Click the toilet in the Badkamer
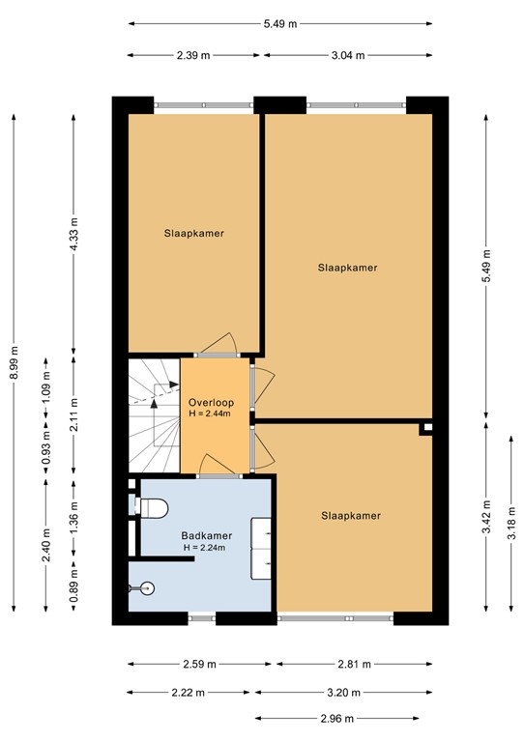(x=155, y=506)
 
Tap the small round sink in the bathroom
(x=146, y=586)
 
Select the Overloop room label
(x=209, y=402)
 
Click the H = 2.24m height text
(x=204, y=548)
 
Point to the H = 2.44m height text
(x=210, y=414)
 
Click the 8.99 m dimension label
(x=14, y=363)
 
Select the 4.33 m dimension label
(x=74, y=234)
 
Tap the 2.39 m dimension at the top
(x=192, y=55)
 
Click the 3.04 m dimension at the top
(x=346, y=55)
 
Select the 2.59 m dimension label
(x=201, y=664)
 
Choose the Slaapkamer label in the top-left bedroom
(x=194, y=233)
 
